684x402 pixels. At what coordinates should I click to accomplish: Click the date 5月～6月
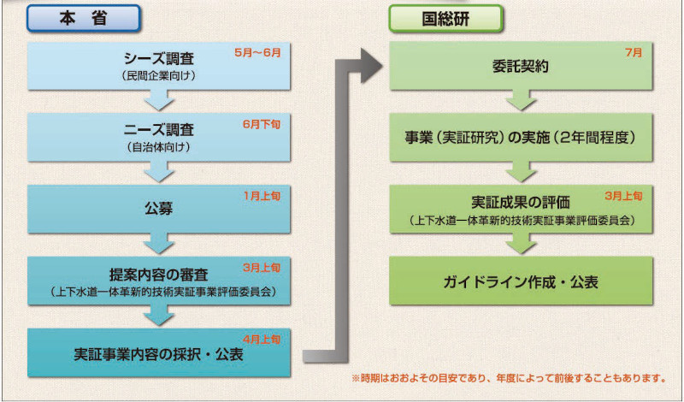[257, 51]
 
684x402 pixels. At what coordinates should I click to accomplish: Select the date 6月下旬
[261, 123]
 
